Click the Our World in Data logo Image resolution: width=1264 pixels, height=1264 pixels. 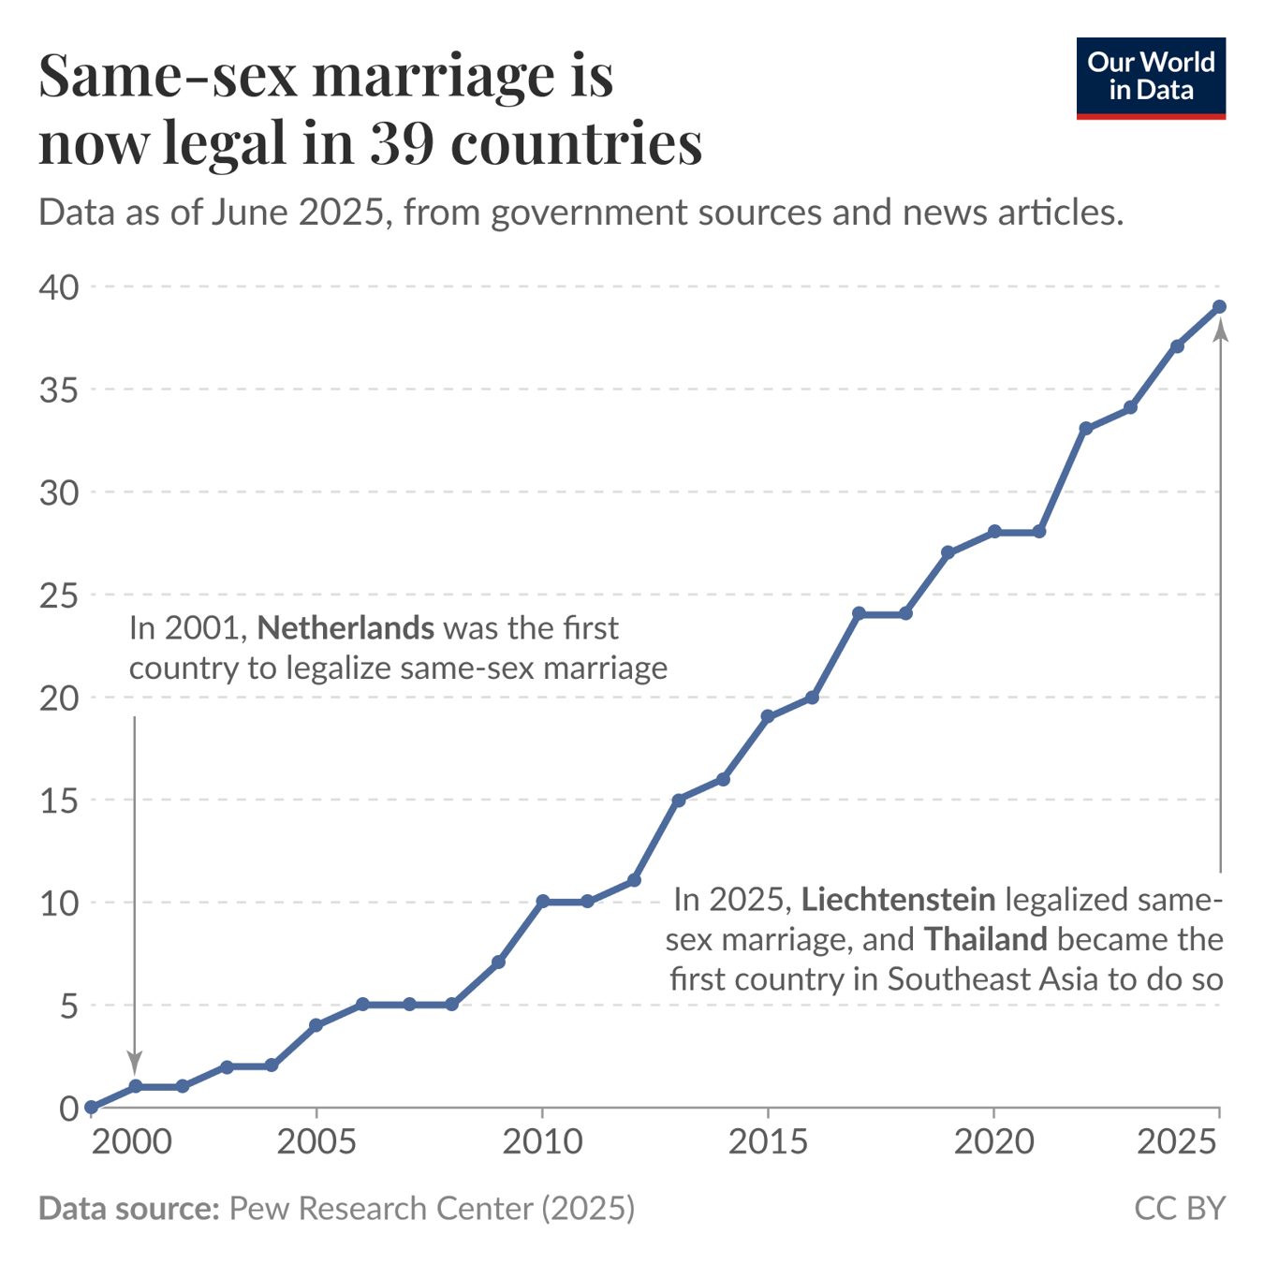[x=1150, y=78]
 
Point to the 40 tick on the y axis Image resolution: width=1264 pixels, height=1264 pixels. [x=59, y=287]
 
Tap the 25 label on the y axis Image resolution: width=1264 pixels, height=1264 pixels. [x=59, y=595]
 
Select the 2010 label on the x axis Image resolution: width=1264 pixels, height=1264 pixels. [x=542, y=1141]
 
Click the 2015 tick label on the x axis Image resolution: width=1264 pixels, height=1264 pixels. [x=768, y=1141]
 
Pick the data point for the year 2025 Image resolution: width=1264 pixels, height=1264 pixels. [x=1219, y=307]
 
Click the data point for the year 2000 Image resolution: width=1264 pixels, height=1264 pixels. [x=91, y=1108]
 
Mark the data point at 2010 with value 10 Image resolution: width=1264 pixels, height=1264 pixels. [x=542, y=902]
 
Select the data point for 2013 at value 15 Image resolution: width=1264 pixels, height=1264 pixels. [x=678, y=800]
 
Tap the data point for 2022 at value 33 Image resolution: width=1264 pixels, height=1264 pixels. [x=1085, y=429]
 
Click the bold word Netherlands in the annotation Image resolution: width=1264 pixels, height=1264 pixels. [x=345, y=627]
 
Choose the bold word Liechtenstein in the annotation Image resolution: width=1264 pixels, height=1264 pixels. [x=898, y=900]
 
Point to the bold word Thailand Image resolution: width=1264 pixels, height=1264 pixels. [x=985, y=939]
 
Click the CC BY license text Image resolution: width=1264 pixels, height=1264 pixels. [x=1179, y=1208]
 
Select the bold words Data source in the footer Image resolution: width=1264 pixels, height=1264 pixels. [x=128, y=1208]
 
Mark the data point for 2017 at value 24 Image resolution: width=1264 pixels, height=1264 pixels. [x=859, y=614]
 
